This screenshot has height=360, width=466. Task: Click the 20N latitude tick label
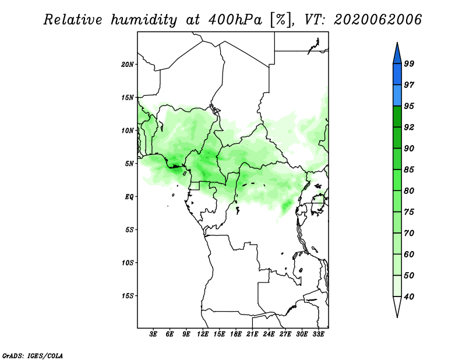pyautogui.click(x=128, y=65)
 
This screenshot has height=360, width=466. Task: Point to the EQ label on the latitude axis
pyautogui.click(x=129, y=197)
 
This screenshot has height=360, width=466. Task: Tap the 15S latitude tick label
pyautogui.click(x=128, y=296)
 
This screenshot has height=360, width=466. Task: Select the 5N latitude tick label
pyautogui.click(x=129, y=164)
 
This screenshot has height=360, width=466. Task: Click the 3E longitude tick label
pyautogui.click(x=153, y=334)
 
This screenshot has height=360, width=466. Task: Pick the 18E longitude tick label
pyautogui.click(x=236, y=334)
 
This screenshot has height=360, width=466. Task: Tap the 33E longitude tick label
pyautogui.click(x=318, y=334)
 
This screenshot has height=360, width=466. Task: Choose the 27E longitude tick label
pyautogui.click(x=285, y=334)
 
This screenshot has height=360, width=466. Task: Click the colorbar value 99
pyautogui.click(x=409, y=63)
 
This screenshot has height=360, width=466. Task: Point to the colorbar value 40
pyautogui.click(x=409, y=297)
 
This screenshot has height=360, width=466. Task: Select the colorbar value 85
pyautogui.click(x=409, y=170)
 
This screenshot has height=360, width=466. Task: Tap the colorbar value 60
pyautogui.click(x=409, y=255)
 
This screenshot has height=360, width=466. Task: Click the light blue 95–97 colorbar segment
pyautogui.click(x=397, y=96)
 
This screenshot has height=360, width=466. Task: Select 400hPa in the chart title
pyautogui.click(x=235, y=20)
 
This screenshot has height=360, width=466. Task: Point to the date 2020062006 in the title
pyautogui.click(x=377, y=20)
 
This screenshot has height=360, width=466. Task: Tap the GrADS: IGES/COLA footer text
pyautogui.click(x=33, y=356)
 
